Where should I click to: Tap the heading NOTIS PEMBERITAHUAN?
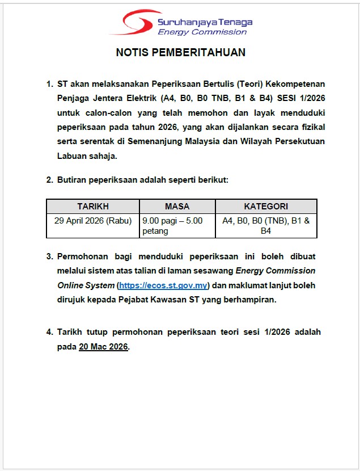180,53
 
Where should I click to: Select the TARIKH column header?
93,207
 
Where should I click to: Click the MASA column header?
177,207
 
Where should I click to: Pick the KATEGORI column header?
266,207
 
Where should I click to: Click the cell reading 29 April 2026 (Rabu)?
93,221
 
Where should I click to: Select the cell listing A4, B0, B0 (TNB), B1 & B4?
266,226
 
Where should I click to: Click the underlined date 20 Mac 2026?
104,347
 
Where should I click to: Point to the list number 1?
49,84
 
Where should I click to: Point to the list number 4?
49,332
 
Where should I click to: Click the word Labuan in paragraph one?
71,155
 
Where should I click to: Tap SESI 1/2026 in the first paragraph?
302,98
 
